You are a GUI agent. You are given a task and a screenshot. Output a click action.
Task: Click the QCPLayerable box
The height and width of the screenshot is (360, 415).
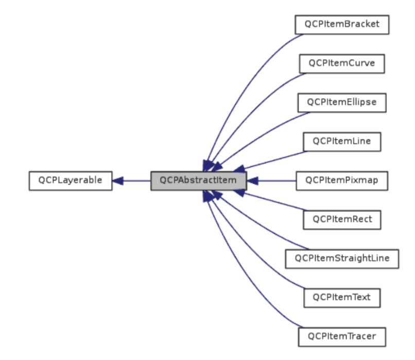coord(70,181)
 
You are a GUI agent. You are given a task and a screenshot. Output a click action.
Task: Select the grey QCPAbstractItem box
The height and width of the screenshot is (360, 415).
coord(198,181)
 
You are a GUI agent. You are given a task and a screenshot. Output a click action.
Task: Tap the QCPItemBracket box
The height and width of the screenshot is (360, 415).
coord(341,24)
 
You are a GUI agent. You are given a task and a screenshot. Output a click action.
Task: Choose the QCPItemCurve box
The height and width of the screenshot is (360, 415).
coord(341,63)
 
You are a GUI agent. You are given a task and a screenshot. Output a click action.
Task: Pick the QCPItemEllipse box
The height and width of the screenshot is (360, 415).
coord(341,102)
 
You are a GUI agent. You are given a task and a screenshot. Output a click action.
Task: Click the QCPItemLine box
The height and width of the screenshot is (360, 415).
coord(341,141)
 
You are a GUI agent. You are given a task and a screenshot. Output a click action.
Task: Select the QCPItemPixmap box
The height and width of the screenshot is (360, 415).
coord(341,181)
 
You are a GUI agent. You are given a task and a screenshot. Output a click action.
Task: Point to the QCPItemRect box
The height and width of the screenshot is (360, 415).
coord(341,220)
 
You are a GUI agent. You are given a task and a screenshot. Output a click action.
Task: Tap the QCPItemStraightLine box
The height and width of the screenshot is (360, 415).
coord(341,258)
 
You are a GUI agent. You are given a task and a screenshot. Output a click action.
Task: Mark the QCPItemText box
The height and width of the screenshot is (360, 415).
coord(341,297)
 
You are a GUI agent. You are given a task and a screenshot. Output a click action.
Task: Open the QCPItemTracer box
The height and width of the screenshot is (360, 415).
coord(341,336)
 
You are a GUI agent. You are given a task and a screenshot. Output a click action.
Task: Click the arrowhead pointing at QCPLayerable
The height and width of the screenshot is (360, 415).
coord(118,181)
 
